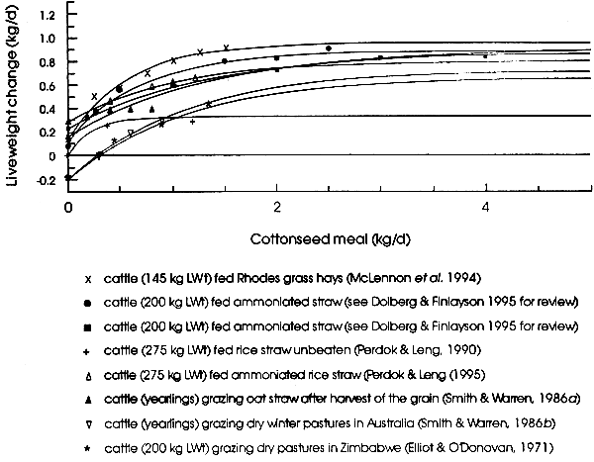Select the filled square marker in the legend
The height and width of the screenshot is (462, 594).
[88, 327]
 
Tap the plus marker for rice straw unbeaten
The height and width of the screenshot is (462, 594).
[88, 351]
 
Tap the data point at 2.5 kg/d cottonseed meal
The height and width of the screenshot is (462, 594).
[329, 48]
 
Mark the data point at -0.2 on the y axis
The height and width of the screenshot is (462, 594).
[68, 178]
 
